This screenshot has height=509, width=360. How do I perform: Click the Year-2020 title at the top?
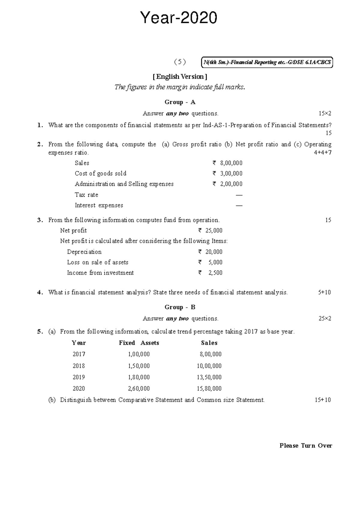click(x=179, y=18)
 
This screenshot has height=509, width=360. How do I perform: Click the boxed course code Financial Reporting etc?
click(x=267, y=62)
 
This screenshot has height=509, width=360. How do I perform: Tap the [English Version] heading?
click(x=180, y=77)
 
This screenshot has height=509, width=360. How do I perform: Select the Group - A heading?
click(x=180, y=102)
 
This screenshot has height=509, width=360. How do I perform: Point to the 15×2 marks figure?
click(x=325, y=113)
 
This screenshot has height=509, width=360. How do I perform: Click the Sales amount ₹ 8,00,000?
click(x=227, y=163)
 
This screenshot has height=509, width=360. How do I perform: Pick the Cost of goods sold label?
click(x=100, y=173)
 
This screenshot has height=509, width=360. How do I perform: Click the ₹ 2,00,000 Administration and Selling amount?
click(x=227, y=184)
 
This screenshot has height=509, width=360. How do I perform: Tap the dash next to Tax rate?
click(x=239, y=195)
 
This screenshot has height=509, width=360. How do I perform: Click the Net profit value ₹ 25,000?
click(x=210, y=230)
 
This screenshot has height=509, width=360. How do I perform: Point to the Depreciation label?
click(x=84, y=252)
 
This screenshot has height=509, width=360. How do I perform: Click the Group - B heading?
click(x=180, y=307)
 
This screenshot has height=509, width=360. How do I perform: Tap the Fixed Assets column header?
click(x=139, y=343)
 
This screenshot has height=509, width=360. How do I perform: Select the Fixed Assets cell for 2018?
click(x=139, y=366)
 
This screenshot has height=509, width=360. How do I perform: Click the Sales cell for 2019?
click(x=209, y=377)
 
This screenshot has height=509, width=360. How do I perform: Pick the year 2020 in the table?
click(x=79, y=388)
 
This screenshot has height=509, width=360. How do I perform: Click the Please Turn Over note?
click(x=305, y=446)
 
